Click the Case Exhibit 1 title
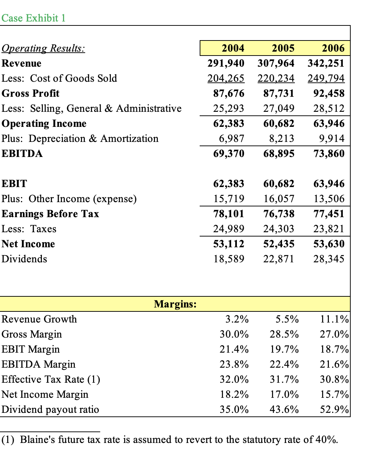tap(34, 18)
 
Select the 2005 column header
tap(283, 48)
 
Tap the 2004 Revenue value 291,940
tap(226, 63)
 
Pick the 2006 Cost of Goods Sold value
tap(326, 78)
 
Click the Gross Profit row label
tap(31, 93)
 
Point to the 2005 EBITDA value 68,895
tap(279, 153)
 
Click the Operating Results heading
tap(43, 48)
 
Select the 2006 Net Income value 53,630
tap(329, 244)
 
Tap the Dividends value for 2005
tap(279, 259)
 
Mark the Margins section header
tap(175, 304)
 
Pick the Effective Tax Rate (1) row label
tap(51, 379)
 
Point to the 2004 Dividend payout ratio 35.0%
tap(234, 409)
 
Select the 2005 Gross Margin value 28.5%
tap(284, 334)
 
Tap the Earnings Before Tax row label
tap(50, 214)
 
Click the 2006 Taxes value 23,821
tap(329, 229)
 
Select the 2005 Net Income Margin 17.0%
tap(284, 394)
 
